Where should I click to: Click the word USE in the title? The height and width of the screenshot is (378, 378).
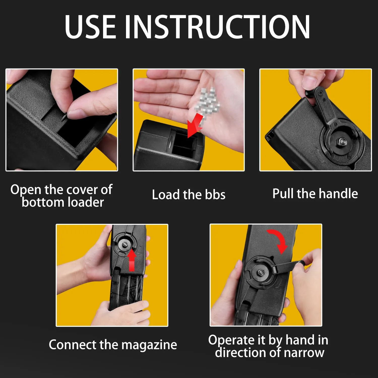click(x=90, y=26)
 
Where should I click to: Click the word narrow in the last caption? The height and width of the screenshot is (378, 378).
click(x=304, y=352)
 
